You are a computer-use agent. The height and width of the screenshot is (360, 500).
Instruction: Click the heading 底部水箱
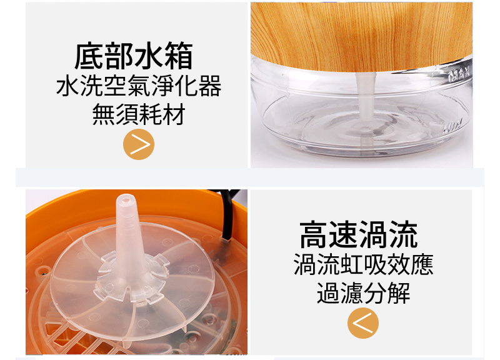point(134,56)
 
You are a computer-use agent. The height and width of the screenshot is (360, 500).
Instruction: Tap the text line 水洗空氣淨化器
point(139,86)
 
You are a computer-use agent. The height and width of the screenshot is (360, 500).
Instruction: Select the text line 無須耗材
point(139,114)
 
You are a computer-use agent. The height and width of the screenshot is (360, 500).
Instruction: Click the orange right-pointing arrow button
point(139,144)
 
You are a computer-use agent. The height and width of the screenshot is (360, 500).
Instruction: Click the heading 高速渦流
point(359,234)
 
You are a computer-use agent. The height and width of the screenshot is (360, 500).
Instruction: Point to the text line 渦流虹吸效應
point(363,264)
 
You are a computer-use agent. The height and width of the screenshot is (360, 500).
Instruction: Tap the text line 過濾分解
point(363,293)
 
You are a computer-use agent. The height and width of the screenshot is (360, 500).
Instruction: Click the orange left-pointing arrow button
point(363,323)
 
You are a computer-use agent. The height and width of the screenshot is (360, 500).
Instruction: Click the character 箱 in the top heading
point(179,56)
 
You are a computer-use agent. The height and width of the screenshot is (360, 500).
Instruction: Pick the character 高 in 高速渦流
point(314,234)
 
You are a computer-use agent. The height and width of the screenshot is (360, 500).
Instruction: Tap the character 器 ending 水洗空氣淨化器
point(210,86)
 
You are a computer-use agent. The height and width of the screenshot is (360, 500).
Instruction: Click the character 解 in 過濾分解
point(399,293)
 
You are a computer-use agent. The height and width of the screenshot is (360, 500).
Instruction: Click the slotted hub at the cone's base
point(131,276)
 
